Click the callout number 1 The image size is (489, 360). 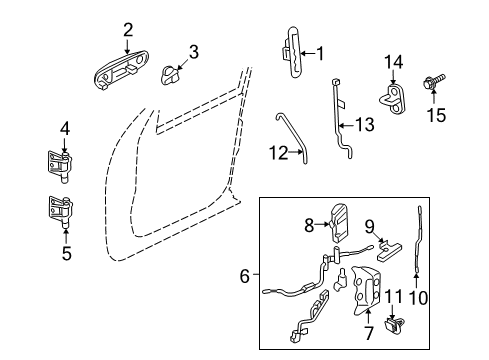click(x=320, y=53)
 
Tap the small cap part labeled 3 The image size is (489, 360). click(x=174, y=75)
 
